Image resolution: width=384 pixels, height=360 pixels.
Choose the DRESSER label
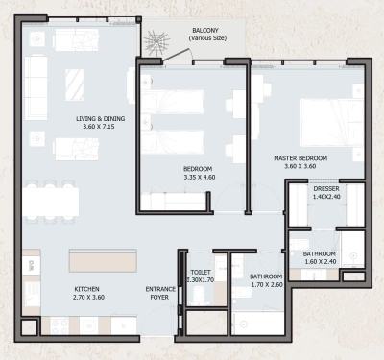(x=326, y=189)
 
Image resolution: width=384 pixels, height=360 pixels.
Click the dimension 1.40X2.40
(x=326, y=198)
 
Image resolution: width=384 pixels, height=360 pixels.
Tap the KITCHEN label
(x=87, y=289)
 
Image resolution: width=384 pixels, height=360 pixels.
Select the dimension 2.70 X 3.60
(x=87, y=298)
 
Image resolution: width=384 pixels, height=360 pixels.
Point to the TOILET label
(x=201, y=272)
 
